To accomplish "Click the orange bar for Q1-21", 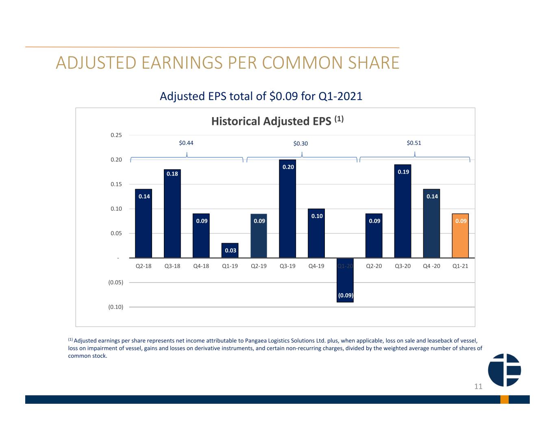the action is (x=460, y=235).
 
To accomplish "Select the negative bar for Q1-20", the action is (x=345, y=280).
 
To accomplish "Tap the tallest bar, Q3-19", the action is (x=287, y=209).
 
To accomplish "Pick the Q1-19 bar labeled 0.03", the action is (x=230, y=250).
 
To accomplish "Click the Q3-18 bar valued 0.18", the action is (x=172, y=213).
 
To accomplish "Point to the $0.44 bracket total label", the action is (x=186, y=143).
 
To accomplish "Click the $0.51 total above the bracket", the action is (x=414, y=143).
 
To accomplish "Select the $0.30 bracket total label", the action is (x=300, y=144).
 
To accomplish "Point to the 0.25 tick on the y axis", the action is (x=116, y=135).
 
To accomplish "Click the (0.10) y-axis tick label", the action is (x=116, y=307).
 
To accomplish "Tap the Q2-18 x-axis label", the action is (x=143, y=266).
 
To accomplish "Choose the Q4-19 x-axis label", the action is (x=316, y=266).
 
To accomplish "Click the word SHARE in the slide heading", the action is (x=374, y=63).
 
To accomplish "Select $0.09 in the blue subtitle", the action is (x=283, y=96).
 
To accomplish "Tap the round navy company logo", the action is (x=504, y=370).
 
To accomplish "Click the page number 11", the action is (x=478, y=387).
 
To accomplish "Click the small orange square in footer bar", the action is (x=504, y=399).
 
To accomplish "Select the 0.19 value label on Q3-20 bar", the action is (x=403, y=172).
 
